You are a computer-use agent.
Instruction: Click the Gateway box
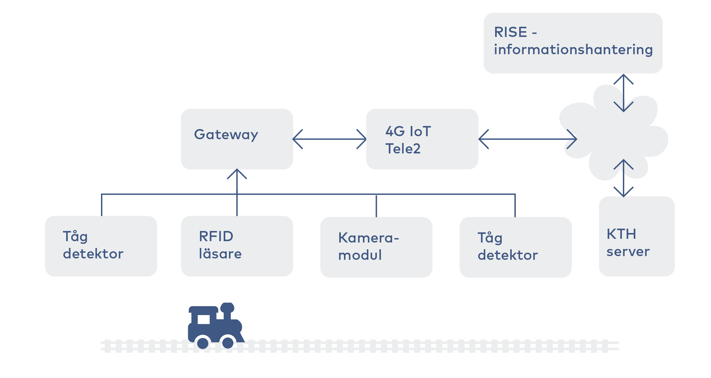(237, 139)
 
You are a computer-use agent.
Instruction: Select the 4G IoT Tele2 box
(422, 139)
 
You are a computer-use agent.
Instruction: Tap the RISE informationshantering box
(573, 43)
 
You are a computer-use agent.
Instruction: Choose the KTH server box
(637, 236)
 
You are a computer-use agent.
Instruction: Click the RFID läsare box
(237, 246)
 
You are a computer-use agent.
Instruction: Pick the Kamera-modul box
(376, 247)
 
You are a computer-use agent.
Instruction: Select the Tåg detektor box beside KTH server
(515, 247)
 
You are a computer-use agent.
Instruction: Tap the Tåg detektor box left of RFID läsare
(101, 246)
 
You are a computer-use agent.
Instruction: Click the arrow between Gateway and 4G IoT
(329, 139)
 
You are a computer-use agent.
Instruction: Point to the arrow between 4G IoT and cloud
(528, 139)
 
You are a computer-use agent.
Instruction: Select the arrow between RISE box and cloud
(624, 93)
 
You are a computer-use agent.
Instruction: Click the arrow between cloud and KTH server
(624, 178)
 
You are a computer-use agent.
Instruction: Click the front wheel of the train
(228, 343)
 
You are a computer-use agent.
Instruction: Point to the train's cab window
(204, 319)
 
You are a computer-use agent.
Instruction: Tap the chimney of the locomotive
(227, 311)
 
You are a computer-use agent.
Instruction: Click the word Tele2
(403, 149)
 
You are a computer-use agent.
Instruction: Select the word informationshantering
(573, 49)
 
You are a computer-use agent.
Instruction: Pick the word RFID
(216, 236)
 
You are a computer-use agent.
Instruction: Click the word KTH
(622, 234)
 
